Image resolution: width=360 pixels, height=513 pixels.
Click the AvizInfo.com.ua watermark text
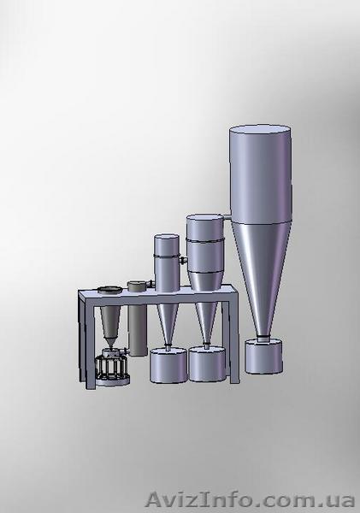click(251, 500)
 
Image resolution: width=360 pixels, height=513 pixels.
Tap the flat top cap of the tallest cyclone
click(260, 129)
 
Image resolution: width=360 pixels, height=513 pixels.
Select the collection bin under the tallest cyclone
click(263, 356)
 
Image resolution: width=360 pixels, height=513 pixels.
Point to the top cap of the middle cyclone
click(205, 218)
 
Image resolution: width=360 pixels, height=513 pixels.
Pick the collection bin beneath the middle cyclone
click(207, 364)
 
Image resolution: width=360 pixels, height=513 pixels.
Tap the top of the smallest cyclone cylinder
click(167, 237)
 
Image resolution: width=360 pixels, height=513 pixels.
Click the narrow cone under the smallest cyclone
click(168, 324)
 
